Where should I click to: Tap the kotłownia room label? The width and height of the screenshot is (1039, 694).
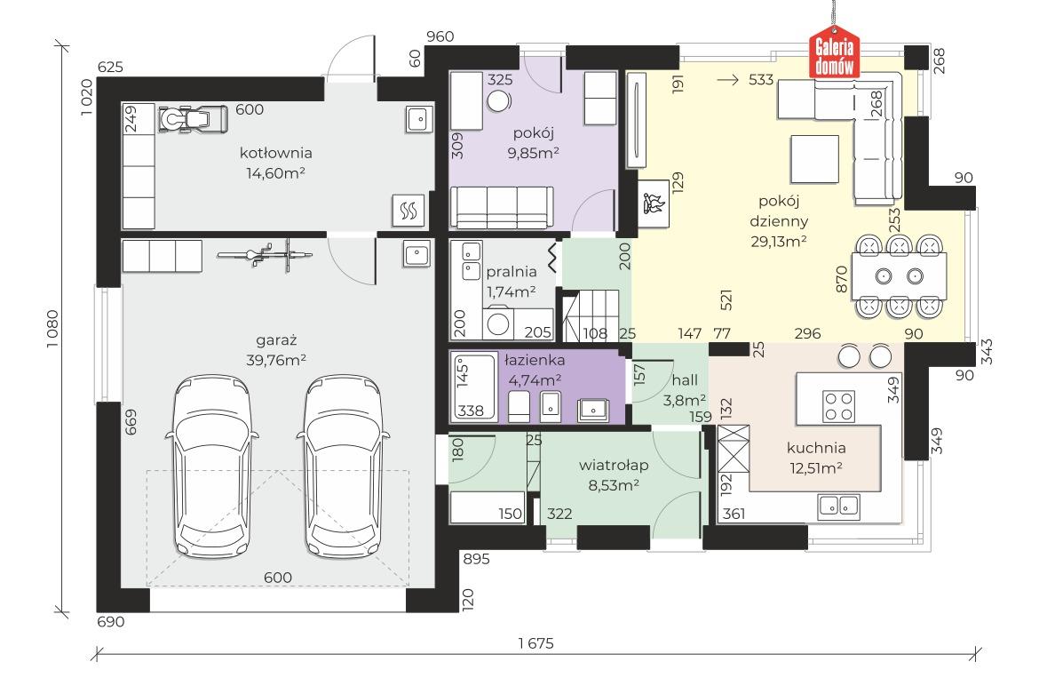pyautogui.click(x=275, y=153)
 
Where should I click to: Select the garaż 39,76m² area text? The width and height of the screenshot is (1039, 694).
pyautogui.click(x=276, y=360)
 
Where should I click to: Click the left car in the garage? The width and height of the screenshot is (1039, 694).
pyautogui.click(x=212, y=466)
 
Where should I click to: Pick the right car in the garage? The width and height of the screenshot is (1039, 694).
pyautogui.click(x=344, y=466)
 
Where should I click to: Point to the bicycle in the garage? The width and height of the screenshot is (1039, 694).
pyautogui.click(x=266, y=254)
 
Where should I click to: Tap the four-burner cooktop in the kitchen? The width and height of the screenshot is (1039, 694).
pyautogui.click(x=838, y=406)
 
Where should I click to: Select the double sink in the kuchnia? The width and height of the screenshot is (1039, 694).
pyautogui.click(x=839, y=507)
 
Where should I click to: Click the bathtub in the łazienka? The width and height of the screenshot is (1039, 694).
pyautogui.click(x=473, y=387)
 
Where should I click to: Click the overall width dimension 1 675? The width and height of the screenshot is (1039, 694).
pyautogui.click(x=535, y=643)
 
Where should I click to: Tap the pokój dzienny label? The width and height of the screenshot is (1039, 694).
pyautogui.click(x=779, y=211)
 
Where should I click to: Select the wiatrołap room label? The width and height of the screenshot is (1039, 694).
pyautogui.click(x=614, y=465)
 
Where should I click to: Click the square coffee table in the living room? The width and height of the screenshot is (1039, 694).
pyautogui.click(x=814, y=159)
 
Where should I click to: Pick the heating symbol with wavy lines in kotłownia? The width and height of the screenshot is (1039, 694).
pyautogui.click(x=408, y=210)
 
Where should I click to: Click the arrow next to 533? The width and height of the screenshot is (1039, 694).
pyautogui.click(x=728, y=80)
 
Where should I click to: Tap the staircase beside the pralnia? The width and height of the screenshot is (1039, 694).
pyautogui.click(x=591, y=315)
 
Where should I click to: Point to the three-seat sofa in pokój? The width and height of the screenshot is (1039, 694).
pyautogui.click(x=501, y=207)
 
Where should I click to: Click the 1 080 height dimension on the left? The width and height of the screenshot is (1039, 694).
pyautogui.click(x=52, y=329)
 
